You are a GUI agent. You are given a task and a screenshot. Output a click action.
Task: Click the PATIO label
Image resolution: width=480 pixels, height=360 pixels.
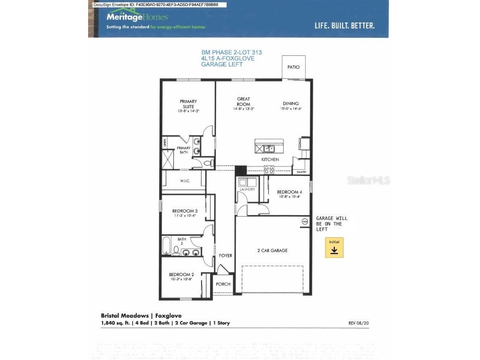pyautogui.click(x=293, y=67)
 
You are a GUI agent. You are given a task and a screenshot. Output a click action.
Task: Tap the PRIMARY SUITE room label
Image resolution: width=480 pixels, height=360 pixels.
pyautogui.click(x=188, y=104)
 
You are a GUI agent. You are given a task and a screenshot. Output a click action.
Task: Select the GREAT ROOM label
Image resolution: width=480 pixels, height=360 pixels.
pyautogui.click(x=243, y=101)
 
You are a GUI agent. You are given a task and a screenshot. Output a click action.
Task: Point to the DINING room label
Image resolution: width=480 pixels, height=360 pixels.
pyautogui.click(x=291, y=104)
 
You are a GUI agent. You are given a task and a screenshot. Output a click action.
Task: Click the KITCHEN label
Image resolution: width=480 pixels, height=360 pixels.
pyautogui.click(x=270, y=160)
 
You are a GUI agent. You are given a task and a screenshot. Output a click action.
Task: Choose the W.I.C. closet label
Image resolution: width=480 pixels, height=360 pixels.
pyautogui.click(x=185, y=181)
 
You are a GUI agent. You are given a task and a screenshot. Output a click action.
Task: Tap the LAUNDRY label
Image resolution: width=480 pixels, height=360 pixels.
pyautogui.click(x=247, y=189)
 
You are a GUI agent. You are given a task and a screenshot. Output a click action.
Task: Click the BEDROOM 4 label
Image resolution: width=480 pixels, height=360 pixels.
pyautogui.click(x=289, y=192)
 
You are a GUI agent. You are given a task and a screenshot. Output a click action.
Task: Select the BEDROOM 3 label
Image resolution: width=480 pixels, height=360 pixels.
pyautogui.click(x=185, y=211)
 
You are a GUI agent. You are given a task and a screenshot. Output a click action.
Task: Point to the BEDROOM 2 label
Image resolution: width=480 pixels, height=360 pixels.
pyautogui.click(x=181, y=275)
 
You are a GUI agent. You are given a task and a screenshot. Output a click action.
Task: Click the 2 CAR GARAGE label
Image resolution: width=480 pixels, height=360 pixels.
pyautogui.click(x=272, y=251)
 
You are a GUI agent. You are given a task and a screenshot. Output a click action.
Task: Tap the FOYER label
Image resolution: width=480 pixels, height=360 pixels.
pyautogui.click(x=225, y=255)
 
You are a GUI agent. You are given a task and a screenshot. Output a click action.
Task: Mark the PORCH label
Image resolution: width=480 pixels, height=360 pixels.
pyautogui.click(x=223, y=284)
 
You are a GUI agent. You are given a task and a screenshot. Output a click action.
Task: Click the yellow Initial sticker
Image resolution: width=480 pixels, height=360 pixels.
pyautogui.click(x=334, y=247)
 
